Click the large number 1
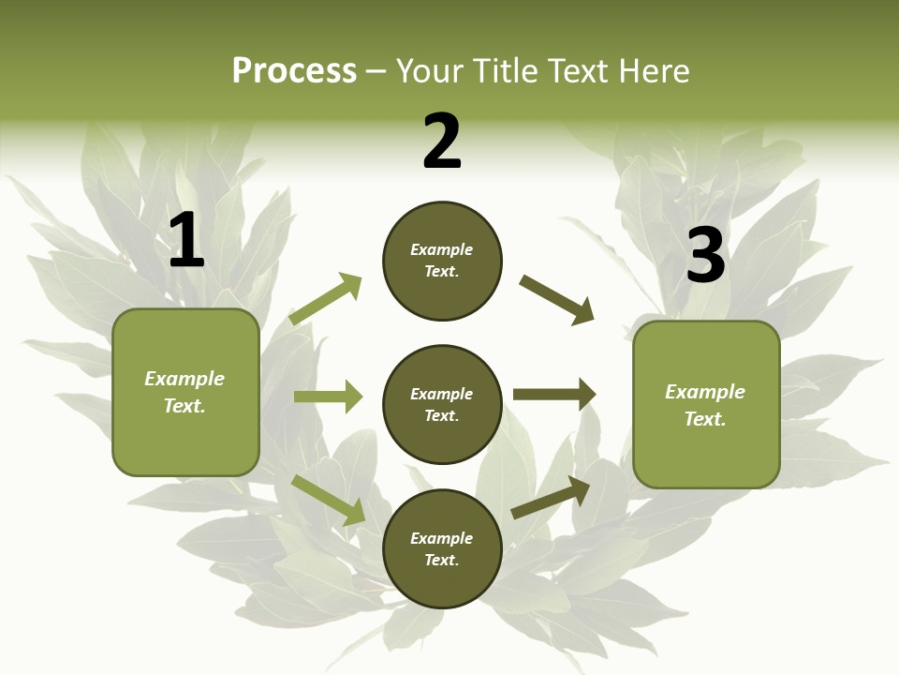pyautogui.click(x=186, y=241)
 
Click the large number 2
pyautogui.click(x=442, y=142)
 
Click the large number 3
pyautogui.click(x=706, y=255)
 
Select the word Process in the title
pyautogui.click(x=294, y=70)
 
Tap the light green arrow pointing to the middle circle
pyautogui.click(x=329, y=397)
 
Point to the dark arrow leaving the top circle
pyautogui.click(x=557, y=300)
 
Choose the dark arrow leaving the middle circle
pyautogui.click(x=554, y=395)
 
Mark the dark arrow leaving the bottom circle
pyautogui.click(x=552, y=497)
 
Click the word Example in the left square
pyautogui.click(x=184, y=379)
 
